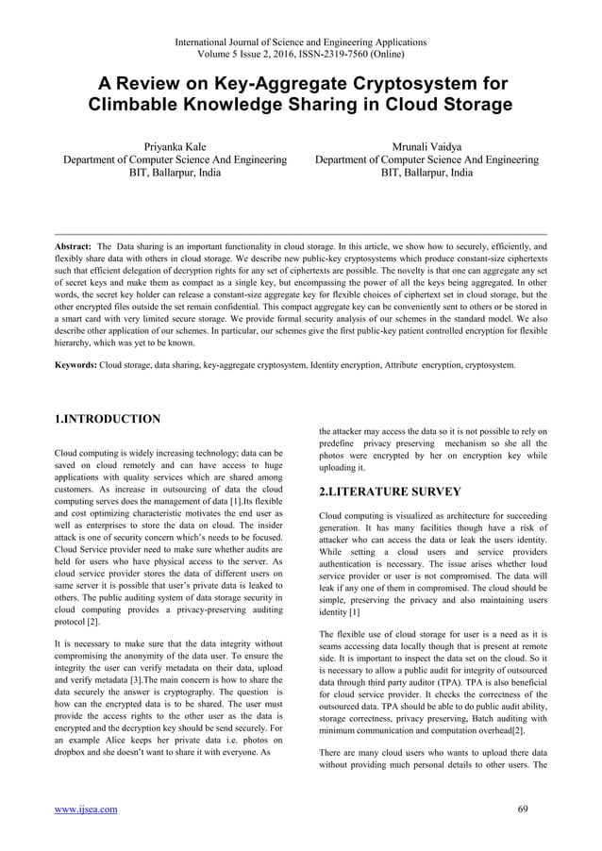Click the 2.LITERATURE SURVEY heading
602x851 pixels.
pos(390,492)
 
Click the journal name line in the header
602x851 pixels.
pos(300,42)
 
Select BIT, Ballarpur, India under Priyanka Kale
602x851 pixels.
pos(175,174)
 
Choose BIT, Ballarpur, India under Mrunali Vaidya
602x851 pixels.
pos(427,174)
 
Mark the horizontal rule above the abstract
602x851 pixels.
pos(301,229)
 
